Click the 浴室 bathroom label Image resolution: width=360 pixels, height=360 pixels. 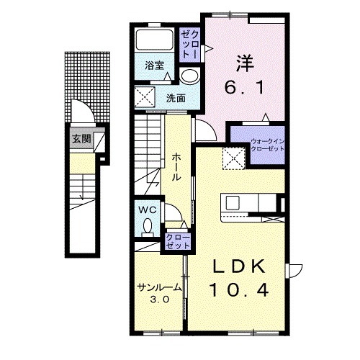pyautogui.click(x=154, y=66)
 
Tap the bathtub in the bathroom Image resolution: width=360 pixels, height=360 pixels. pyautogui.click(x=154, y=40)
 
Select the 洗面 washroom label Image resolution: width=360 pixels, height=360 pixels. pyautogui.click(x=176, y=98)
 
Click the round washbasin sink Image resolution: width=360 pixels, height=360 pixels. pyautogui.click(x=190, y=76)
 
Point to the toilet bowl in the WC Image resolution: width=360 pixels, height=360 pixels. pyautogui.click(x=148, y=228)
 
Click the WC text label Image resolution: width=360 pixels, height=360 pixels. pyautogui.click(x=148, y=210)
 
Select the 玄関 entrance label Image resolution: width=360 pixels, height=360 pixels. pyautogui.click(x=81, y=138)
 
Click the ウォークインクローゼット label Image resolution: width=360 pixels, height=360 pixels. pyautogui.click(x=267, y=145)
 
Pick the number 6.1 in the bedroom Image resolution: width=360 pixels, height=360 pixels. pyautogui.click(x=244, y=87)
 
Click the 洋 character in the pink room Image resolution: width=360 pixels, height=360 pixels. pyautogui.click(x=245, y=63)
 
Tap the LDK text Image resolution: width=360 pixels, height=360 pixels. pyautogui.click(x=239, y=266)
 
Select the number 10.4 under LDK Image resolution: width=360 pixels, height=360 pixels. pyautogui.click(x=239, y=289)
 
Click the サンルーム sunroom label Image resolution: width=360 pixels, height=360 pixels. pyautogui.click(x=159, y=287)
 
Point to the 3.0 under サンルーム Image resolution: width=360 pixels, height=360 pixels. pyautogui.click(x=159, y=300)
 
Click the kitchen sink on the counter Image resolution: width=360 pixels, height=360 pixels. pyautogui.click(x=233, y=203)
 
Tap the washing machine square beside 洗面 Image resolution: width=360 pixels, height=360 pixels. pyautogui.click(x=145, y=96)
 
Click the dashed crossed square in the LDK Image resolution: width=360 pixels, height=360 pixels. pyautogui.click(x=234, y=158)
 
